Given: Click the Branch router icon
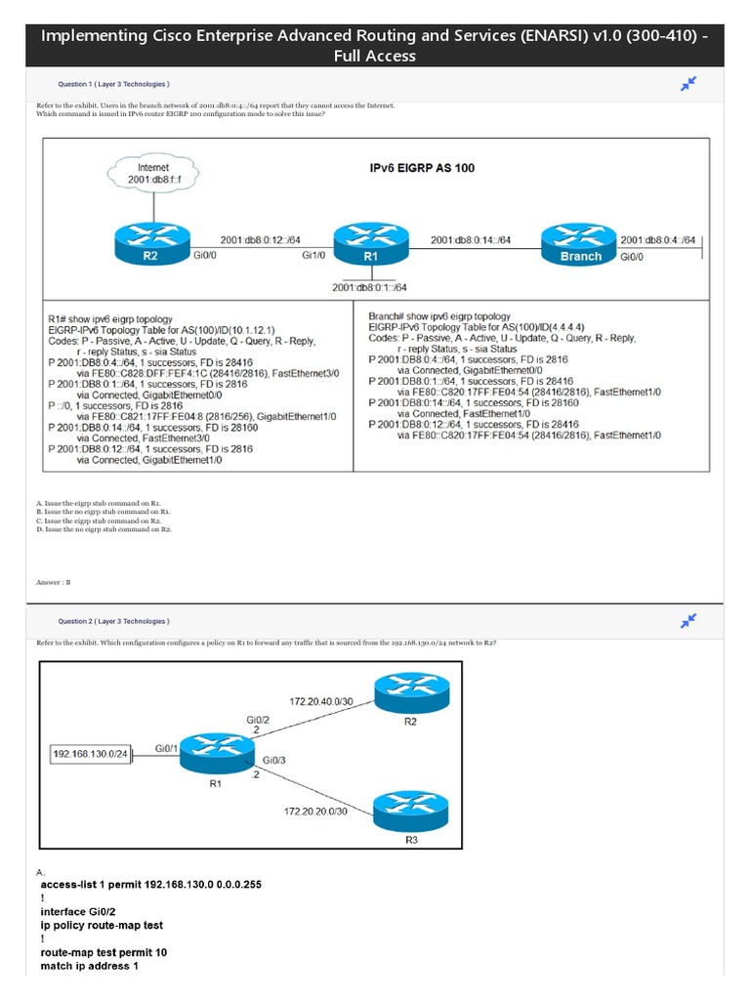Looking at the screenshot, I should [580, 244].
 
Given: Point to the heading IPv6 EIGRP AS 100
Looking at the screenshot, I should [422, 168].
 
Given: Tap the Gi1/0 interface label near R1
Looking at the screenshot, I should [312, 256].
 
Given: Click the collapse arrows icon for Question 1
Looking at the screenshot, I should [688, 85].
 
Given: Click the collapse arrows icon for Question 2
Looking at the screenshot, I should [688, 621].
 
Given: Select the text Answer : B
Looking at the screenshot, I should [54, 582].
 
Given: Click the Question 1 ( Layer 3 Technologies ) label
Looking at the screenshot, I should [113, 85].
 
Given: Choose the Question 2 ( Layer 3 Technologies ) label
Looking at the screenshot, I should [113, 621].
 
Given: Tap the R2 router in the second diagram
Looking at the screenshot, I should [409, 696].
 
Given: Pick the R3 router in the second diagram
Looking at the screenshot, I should [409, 812].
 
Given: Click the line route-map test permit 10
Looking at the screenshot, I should [103, 950].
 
